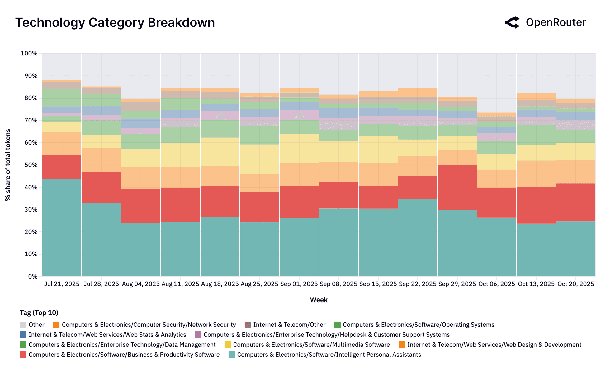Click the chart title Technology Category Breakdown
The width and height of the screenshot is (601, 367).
115,23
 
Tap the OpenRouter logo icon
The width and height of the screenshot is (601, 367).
512,22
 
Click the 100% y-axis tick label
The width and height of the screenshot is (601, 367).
29,54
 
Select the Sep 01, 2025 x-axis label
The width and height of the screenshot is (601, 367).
299,284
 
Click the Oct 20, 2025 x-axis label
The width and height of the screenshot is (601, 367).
576,284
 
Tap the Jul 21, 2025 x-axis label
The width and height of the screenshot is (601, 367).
62,284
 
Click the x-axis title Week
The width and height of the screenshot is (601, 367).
319,300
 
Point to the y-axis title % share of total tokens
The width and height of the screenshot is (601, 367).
8,165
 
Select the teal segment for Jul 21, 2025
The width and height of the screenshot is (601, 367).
62,227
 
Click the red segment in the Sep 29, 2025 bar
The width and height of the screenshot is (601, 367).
457,187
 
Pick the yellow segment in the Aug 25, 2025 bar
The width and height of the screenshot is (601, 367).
259,159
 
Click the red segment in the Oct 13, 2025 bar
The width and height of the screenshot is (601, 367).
536,205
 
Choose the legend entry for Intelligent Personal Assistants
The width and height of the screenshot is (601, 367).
329,355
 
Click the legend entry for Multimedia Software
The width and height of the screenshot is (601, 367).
311,345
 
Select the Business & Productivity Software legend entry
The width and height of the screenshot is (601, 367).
124,355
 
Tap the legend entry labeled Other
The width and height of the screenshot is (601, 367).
36,325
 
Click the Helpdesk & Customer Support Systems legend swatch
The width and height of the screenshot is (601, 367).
198,335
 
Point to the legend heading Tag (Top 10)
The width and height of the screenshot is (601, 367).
39,312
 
